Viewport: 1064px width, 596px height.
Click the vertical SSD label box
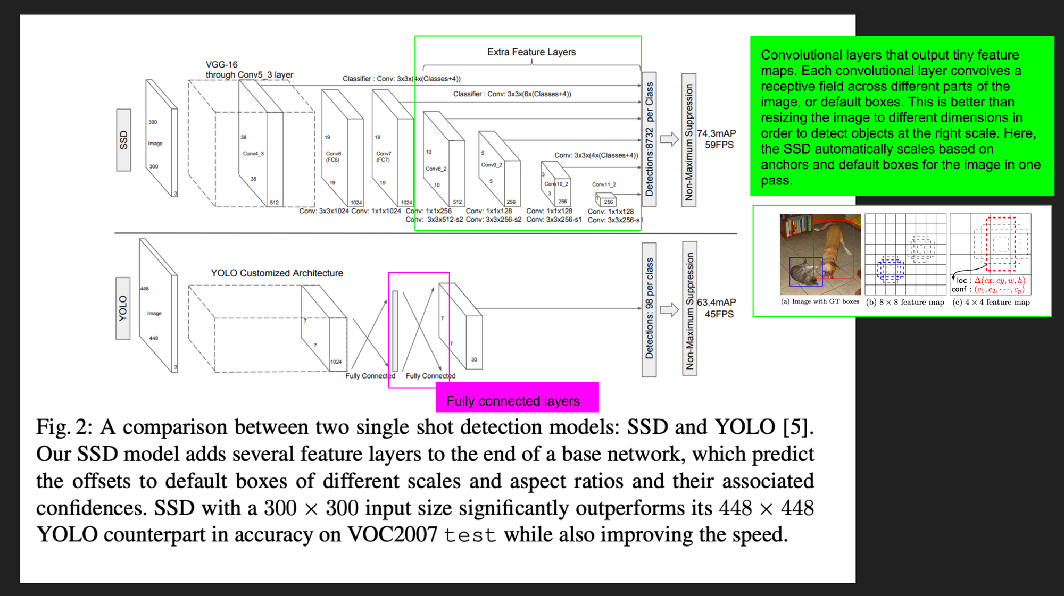123,140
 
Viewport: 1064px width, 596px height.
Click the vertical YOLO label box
123,308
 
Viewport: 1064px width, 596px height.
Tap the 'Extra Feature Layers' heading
531,52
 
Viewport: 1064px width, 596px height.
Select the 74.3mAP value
716,133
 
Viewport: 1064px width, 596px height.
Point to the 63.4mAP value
716,303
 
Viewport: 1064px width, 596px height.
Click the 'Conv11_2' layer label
604,184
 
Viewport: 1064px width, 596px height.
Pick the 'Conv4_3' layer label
253,154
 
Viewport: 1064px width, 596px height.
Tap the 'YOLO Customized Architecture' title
277,273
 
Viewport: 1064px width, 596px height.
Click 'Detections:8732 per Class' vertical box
649,139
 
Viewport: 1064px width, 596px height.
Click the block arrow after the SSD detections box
669,139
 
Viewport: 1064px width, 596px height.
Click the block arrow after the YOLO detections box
669,309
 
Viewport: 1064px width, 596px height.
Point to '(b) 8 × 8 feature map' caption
905,302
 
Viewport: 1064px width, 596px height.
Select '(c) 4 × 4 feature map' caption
991,302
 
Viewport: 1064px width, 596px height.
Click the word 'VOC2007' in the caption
392,535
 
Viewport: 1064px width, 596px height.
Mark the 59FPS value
719,145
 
